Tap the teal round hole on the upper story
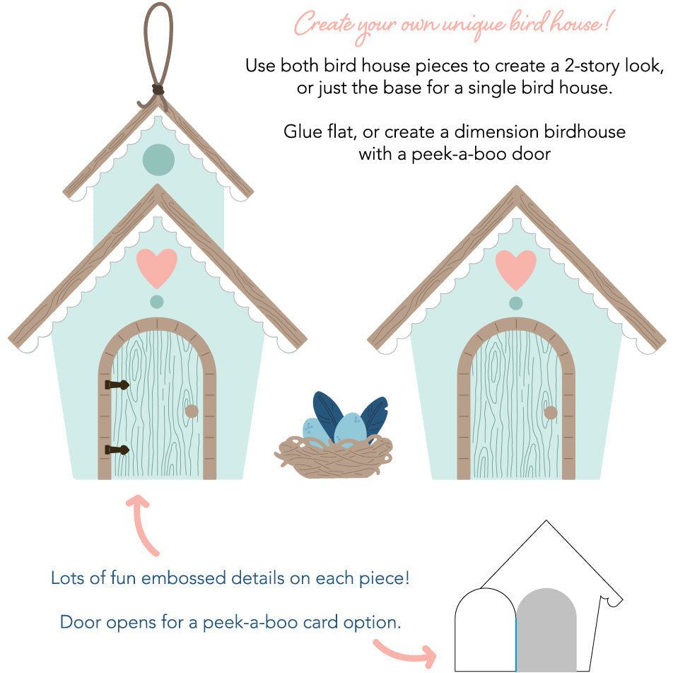(x=158, y=159)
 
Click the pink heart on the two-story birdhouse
(x=157, y=267)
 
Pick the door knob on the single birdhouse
(x=551, y=412)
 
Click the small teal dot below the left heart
(x=157, y=302)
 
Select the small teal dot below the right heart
(x=516, y=303)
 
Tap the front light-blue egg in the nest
(x=351, y=428)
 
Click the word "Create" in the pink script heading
(x=321, y=24)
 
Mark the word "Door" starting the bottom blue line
(x=78, y=622)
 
